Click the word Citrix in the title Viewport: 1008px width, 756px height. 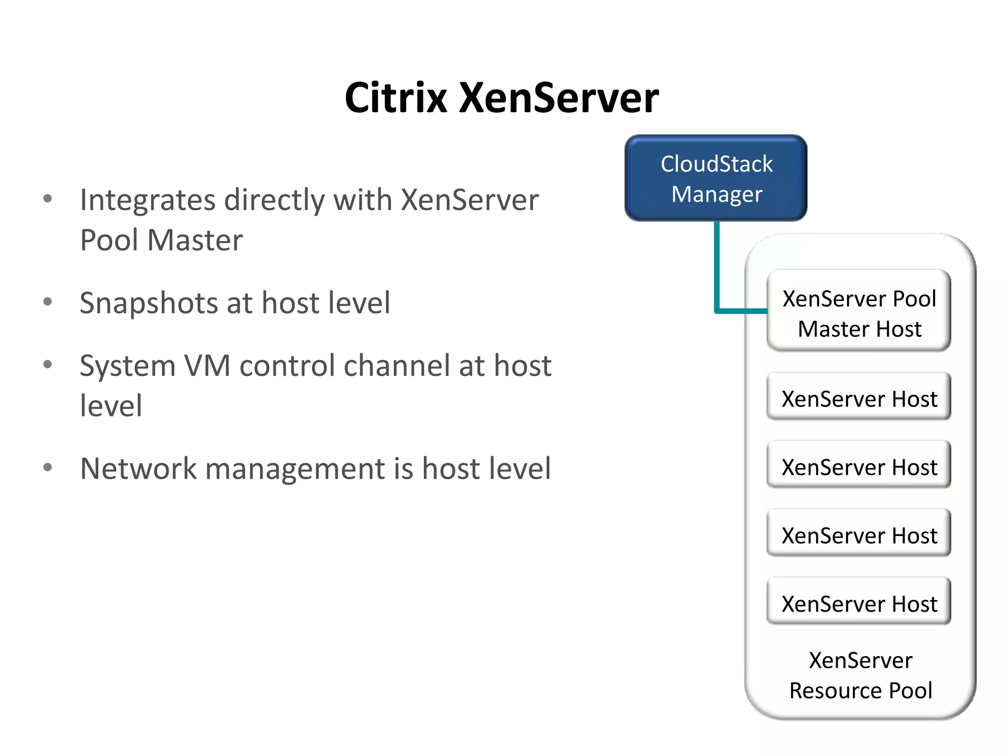[396, 98]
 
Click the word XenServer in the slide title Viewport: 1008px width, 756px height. [559, 98]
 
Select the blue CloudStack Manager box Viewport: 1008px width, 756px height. [716, 178]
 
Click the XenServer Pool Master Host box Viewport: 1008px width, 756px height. [859, 311]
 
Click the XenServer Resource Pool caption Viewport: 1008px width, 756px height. [860, 675]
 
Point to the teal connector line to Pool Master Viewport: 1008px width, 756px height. [717, 271]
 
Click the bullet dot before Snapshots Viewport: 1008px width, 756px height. [48, 301]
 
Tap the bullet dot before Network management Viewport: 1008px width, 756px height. [48, 467]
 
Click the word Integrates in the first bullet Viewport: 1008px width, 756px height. [148, 200]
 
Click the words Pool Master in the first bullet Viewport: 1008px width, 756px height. [161, 241]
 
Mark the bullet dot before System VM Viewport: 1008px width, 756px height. [48, 364]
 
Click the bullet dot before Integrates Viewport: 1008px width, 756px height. [48, 199]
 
